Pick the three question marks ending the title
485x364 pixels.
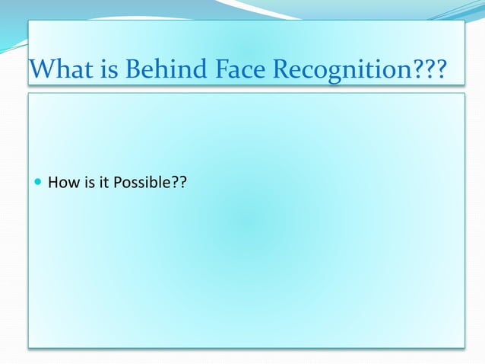click(428, 71)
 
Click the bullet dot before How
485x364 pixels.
click(38, 183)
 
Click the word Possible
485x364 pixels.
click(138, 183)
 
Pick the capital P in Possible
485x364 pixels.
click(116, 183)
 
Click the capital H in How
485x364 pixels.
click(52, 183)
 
